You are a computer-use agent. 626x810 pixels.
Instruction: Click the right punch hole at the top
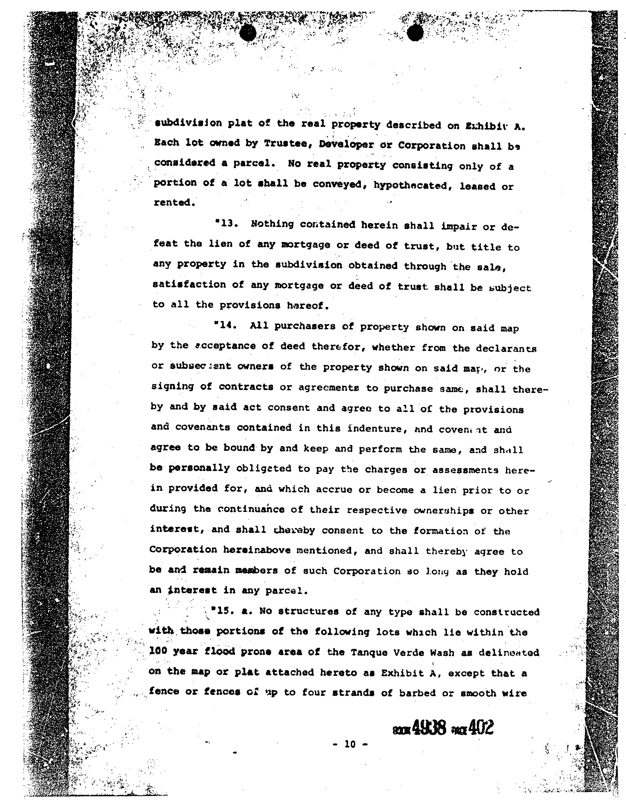point(415,33)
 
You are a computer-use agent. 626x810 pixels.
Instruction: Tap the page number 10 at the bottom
point(350,744)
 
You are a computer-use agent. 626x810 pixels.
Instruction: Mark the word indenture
point(375,429)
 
